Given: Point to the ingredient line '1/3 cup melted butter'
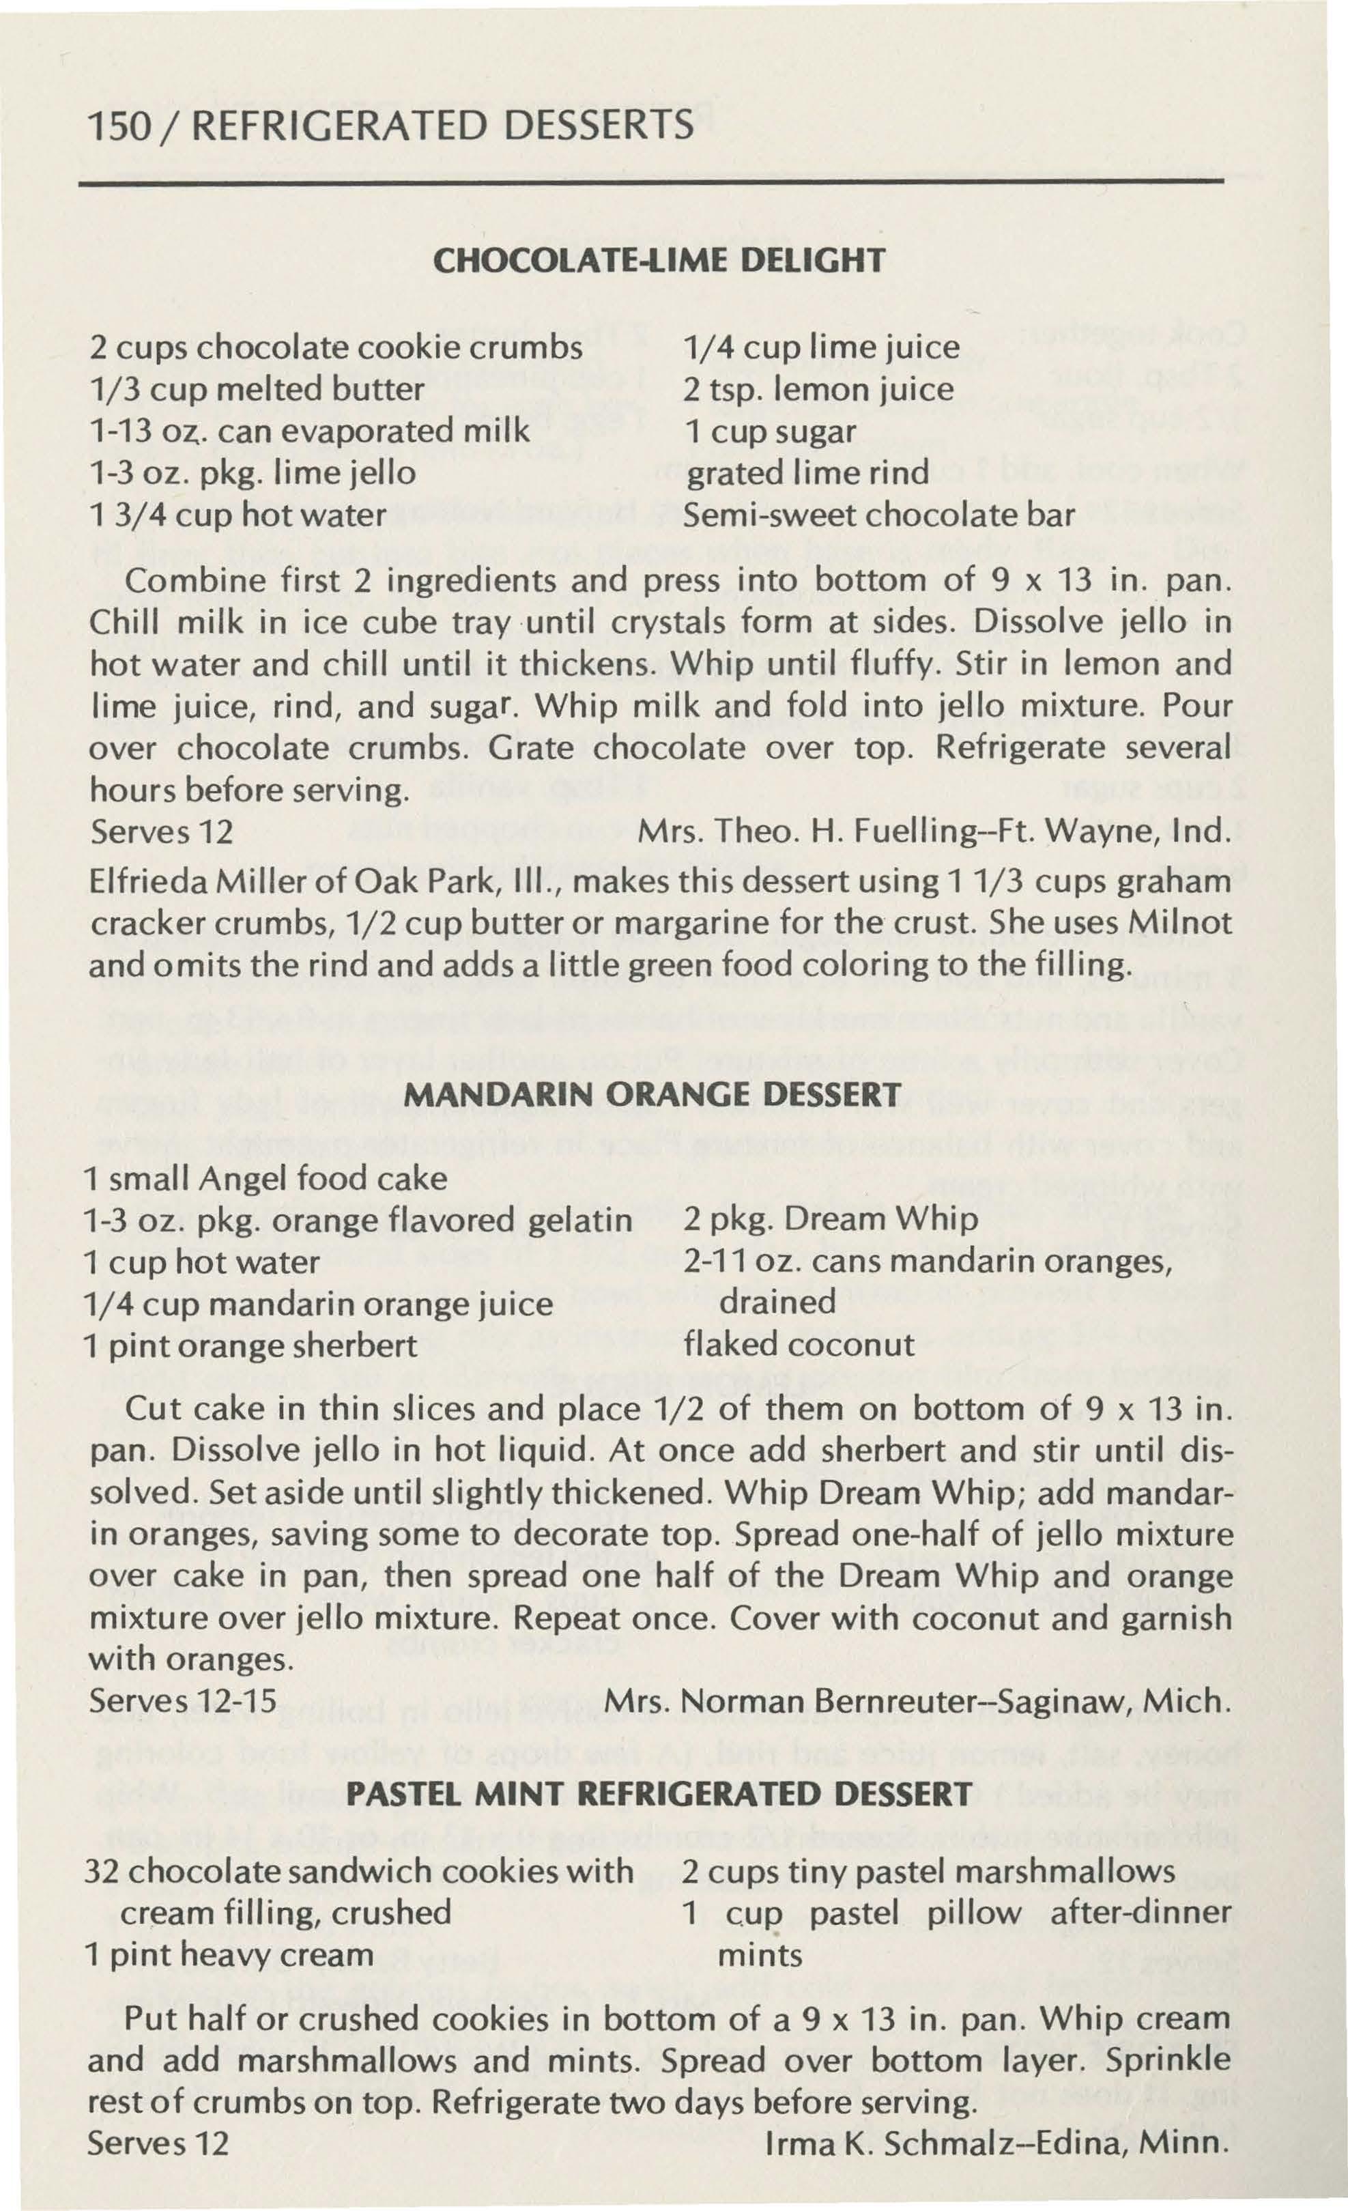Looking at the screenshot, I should click(257, 390).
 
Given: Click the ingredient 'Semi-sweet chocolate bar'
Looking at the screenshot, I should click(878, 515).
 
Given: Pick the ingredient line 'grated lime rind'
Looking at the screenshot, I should click(807, 473).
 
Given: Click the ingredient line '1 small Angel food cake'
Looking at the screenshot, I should click(265, 1178).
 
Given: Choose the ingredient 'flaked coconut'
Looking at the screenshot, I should click(799, 1344).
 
